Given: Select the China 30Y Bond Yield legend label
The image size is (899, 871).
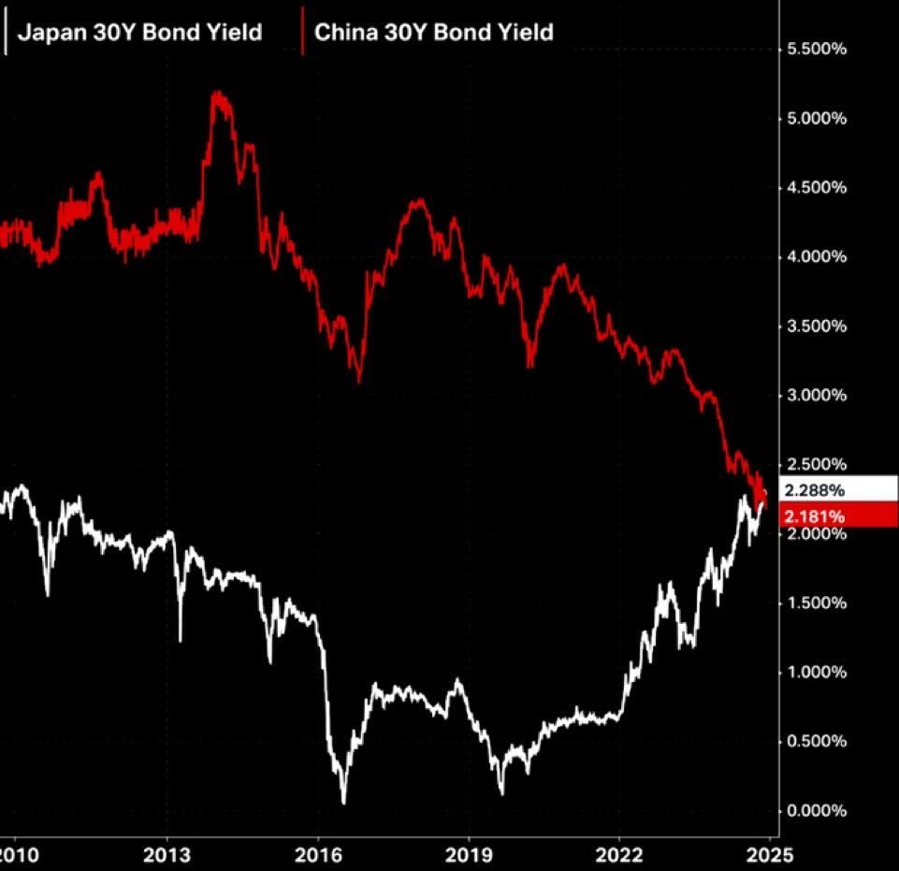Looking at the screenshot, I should pos(433,33).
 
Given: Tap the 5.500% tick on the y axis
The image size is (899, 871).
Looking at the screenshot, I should pos(815,50).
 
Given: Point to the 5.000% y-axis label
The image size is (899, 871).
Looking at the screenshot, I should pos(815,119).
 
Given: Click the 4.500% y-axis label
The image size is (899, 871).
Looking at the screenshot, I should pos(815,188).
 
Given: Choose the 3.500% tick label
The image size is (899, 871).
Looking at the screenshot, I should pos(815,327).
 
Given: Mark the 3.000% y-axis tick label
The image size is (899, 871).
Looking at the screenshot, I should pos(815,396).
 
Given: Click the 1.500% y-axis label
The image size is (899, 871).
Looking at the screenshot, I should pos(815,603).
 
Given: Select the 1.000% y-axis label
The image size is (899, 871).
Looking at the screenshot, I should pos(815,673).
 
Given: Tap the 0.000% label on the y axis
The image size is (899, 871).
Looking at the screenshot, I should pos(815,811).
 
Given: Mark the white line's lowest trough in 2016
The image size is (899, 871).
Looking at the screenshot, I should pos(343,802).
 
